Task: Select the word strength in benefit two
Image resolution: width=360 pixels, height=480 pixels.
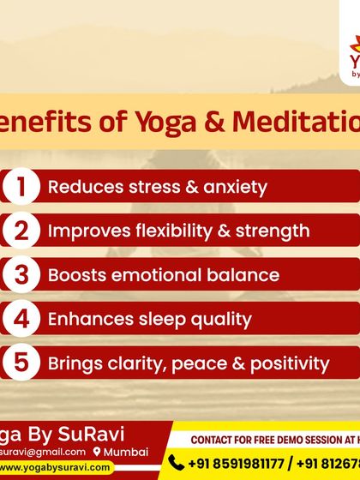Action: (x=273, y=231)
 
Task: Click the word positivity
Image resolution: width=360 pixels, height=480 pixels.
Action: (x=290, y=363)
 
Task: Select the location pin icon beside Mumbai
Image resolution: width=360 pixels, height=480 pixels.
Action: (x=98, y=452)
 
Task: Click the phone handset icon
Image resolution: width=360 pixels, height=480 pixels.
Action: (x=177, y=463)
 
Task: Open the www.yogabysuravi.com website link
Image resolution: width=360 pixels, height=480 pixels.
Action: (x=56, y=467)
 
